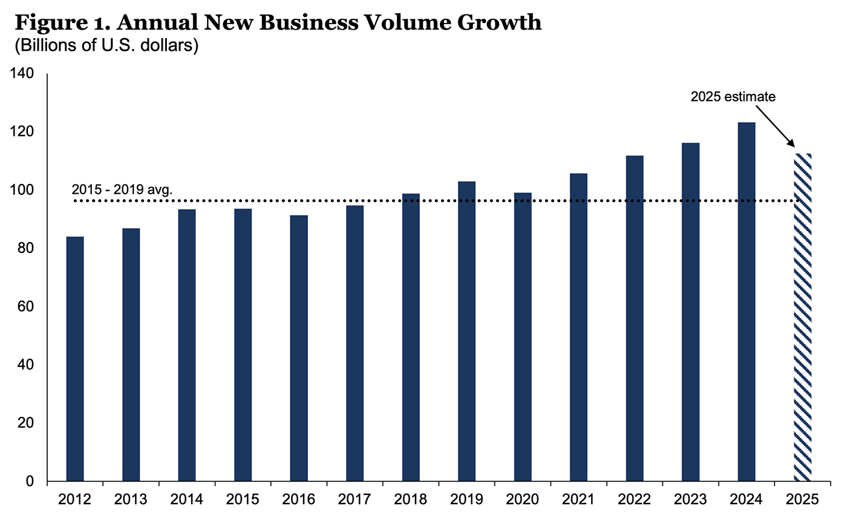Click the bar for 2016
point(299,348)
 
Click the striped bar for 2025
point(802,317)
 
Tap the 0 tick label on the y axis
point(35,482)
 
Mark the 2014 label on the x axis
point(187,500)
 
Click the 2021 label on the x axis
point(578,500)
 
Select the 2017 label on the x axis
point(355,500)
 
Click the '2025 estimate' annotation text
point(733,96)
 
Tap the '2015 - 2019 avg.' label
point(122,189)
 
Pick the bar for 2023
point(690,312)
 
